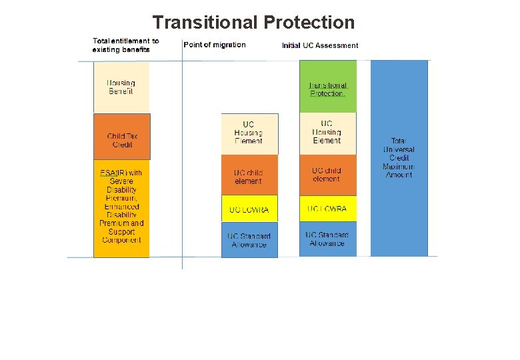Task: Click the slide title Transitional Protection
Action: [x=253, y=23]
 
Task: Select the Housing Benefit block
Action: [x=121, y=87]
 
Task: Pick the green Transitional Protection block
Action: [x=327, y=87]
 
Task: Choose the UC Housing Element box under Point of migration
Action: [x=249, y=133]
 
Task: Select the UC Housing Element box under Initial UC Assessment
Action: [x=327, y=133]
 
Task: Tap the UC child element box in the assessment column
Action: [x=327, y=175]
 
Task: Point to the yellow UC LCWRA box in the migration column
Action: [x=249, y=209]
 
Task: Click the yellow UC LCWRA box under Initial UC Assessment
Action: [x=327, y=209]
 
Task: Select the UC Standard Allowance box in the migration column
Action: [x=249, y=240]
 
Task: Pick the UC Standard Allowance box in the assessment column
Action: [x=327, y=239]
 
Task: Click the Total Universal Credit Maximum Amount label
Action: [x=399, y=158]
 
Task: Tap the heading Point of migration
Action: [x=215, y=45]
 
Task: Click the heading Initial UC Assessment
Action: [x=320, y=45]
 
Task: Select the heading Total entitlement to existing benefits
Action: [x=126, y=45]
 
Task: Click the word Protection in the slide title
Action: [x=309, y=23]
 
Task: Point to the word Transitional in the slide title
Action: [x=205, y=23]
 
